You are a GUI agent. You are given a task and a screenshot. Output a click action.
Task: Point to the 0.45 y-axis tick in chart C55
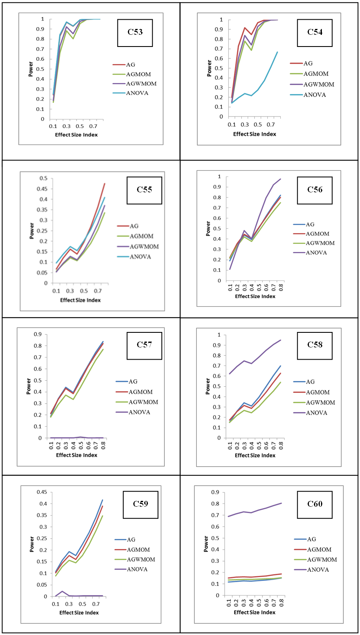tap(43, 189)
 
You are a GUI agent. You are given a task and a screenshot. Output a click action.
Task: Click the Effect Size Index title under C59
tap(79, 612)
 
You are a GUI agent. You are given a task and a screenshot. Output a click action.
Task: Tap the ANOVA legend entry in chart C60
tap(318, 570)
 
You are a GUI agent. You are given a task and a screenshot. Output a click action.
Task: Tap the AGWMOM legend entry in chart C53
tap(141, 83)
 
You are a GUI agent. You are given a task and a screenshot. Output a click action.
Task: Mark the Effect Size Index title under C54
tap(255, 134)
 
